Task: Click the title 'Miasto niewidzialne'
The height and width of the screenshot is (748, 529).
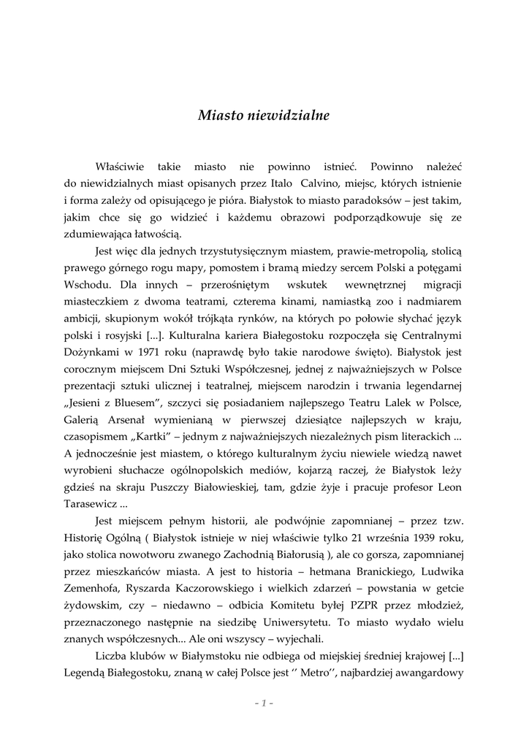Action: [264, 115]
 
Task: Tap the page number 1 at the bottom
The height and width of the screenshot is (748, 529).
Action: [264, 703]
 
